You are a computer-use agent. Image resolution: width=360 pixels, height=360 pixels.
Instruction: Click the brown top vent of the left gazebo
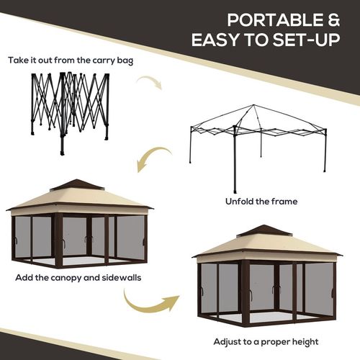pyautogui.click(x=77, y=185)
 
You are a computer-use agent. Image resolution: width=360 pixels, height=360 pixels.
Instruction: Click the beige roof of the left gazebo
pyautogui.click(x=77, y=199)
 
